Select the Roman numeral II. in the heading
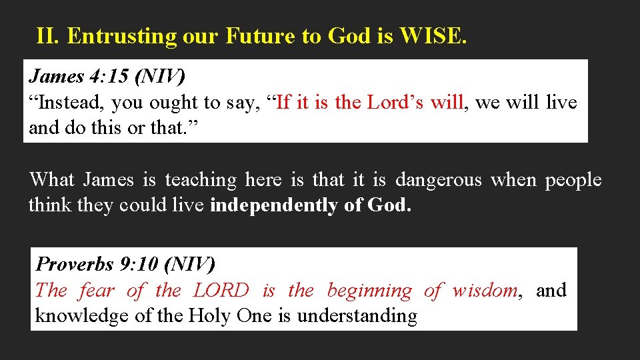(49, 36)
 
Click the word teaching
(201, 180)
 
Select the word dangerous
(438, 180)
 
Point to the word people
(573, 180)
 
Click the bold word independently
(274, 205)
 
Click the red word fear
(97, 290)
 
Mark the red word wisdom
(485, 290)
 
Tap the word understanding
(357, 315)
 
